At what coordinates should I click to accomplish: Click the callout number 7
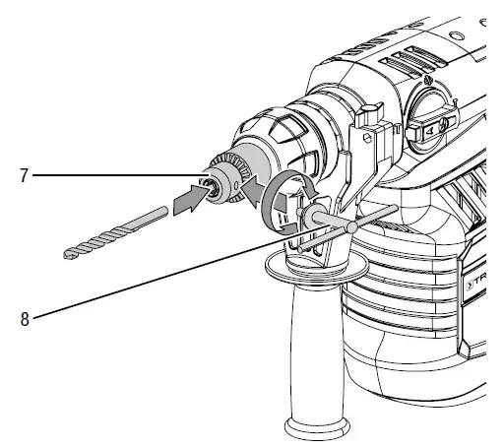pyautogui.click(x=21, y=176)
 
